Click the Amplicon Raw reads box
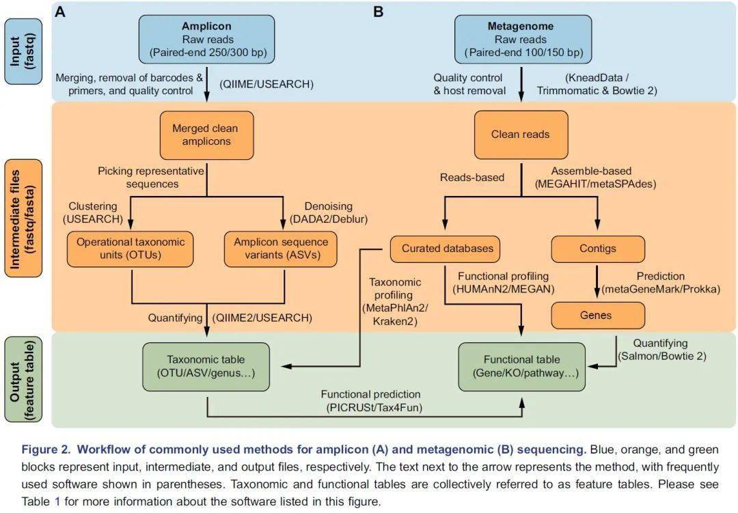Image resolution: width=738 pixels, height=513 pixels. (206, 39)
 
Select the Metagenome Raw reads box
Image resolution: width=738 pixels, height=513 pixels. (523, 39)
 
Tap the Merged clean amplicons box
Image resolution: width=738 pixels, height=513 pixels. (206, 135)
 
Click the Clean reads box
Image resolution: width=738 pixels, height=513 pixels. (521, 135)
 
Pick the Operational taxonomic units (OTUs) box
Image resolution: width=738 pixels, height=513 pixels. (131, 249)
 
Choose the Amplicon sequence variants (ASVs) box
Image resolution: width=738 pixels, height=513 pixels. (281, 249)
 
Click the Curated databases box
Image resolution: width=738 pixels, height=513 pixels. (446, 249)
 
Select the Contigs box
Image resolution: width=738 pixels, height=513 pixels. (598, 249)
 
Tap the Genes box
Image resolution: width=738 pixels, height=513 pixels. (598, 316)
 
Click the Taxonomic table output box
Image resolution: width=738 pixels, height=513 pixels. (206, 367)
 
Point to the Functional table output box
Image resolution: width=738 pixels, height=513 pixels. (522, 367)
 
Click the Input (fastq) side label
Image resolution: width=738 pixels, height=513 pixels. (23, 52)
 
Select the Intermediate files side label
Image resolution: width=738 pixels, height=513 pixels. (23, 219)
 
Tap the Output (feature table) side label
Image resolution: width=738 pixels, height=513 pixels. (23, 379)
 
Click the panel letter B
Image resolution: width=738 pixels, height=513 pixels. (379, 12)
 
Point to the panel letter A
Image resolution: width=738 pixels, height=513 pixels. (60, 12)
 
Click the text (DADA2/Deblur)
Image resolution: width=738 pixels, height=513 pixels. (329, 219)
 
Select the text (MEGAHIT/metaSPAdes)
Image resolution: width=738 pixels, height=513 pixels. (595, 184)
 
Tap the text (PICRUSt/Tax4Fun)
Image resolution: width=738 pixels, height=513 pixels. (374, 408)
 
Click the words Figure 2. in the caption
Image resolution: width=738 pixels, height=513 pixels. (46, 449)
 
